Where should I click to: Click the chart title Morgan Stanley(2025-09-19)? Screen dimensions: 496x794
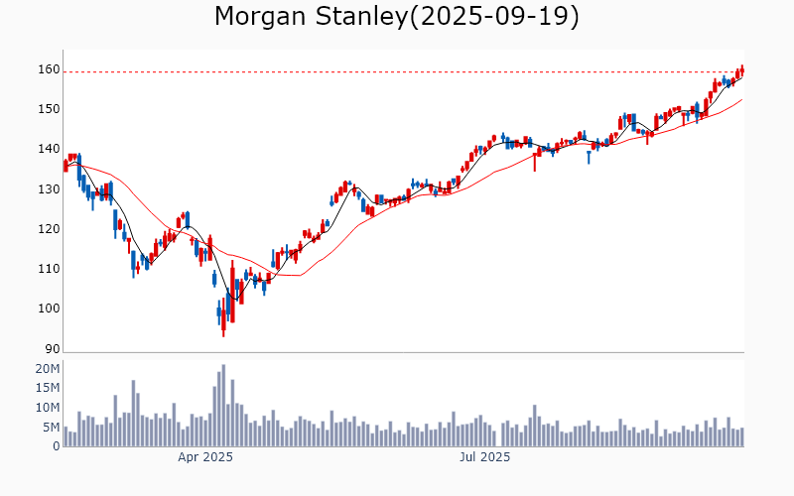397,17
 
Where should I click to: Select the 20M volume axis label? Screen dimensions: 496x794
48,369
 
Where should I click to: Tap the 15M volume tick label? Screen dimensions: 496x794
48,388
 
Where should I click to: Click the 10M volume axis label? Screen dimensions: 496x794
48,408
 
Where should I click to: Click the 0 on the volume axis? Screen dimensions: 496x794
56,446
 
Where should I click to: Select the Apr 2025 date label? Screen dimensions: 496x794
205,458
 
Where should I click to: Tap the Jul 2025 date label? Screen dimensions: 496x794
483,458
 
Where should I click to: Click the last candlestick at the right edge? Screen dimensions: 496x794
741,70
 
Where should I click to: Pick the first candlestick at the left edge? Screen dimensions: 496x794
66,165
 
